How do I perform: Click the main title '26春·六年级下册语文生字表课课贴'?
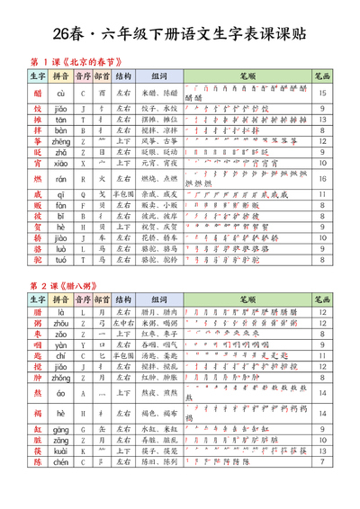179,33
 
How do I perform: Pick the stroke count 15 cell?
321,93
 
